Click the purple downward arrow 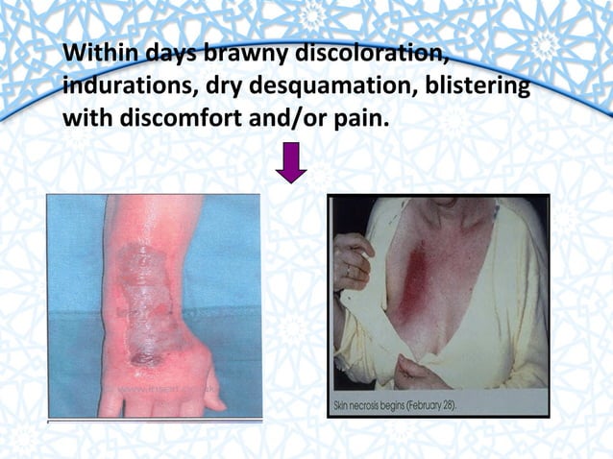290,162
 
